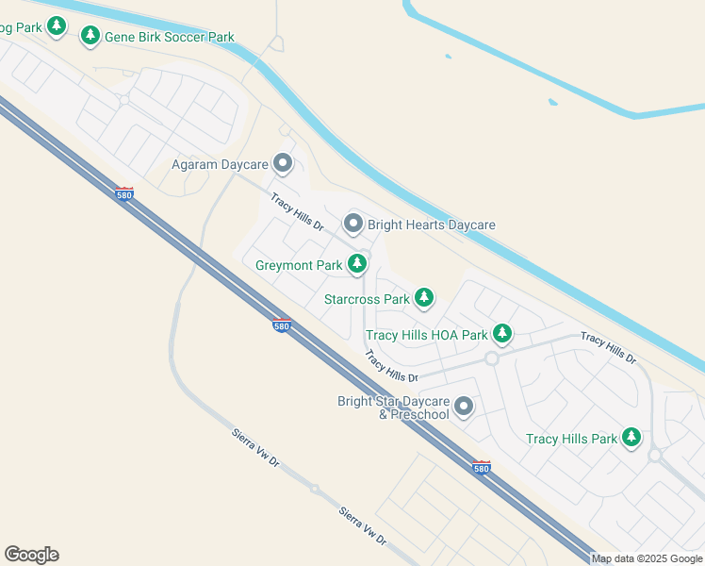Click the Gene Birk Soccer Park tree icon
pyautogui.click(x=90, y=36)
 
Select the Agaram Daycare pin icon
pyautogui.click(x=282, y=164)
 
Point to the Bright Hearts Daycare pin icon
pyautogui.click(x=353, y=224)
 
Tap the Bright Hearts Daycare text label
pyautogui.click(x=431, y=225)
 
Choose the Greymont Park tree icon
pyautogui.click(x=357, y=264)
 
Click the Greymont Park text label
pyautogui.click(x=299, y=265)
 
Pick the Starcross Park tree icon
pyautogui.click(x=424, y=298)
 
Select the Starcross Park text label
pyautogui.click(x=367, y=299)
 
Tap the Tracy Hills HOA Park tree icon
pyautogui.click(x=502, y=333)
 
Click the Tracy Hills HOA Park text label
pyautogui.click(x=426, y=335)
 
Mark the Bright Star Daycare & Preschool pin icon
pyautogui.click(x=464, y=407)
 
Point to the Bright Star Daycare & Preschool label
pyautogui.click(x=393, y=408)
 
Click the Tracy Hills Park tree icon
pyautogui.click(x=631, y=437)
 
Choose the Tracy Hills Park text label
pyautogui.click(x=571, y=439)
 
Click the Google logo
pyautogui.click(x=31, y=554)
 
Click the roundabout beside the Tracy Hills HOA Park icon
pyautogui.click(x=491, y=358)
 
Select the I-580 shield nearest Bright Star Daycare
pyautogui.click(x=481, y=467)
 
